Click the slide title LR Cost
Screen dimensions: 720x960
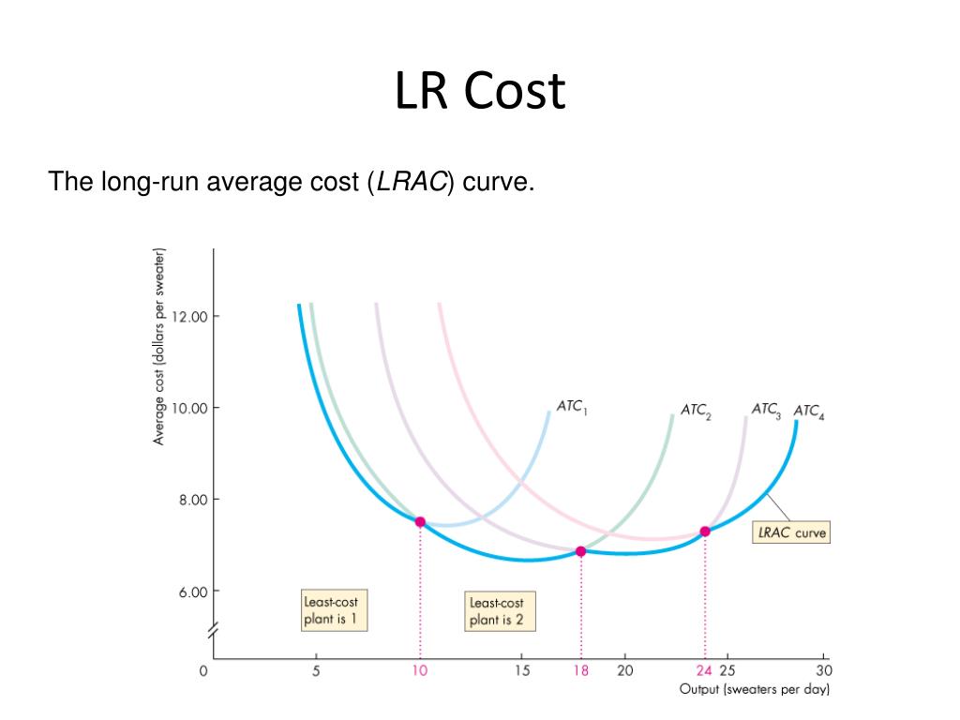click(480, 92)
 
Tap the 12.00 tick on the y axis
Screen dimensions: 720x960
click(201, 316)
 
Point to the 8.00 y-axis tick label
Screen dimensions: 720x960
click(201, 500)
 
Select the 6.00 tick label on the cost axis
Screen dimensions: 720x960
click(201, 592)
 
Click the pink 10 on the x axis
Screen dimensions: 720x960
click(420, 670)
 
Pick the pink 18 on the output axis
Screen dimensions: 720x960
click(581, 670)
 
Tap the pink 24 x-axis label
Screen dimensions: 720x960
click(704, 670)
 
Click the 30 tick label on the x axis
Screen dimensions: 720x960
click(823, 670)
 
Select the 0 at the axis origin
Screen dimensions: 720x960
click(203, 670)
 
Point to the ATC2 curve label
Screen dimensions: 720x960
click(696, 411)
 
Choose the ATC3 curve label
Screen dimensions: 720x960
click(766, 410)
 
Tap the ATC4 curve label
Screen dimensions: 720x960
click(809, 411)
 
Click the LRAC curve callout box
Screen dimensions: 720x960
click(792, 532)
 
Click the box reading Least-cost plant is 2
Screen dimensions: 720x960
click(496, 611)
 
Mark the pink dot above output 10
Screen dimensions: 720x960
click(420, 521)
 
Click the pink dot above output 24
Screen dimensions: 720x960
click(705, 532)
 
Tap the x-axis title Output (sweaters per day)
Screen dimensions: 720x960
click(755, 690)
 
